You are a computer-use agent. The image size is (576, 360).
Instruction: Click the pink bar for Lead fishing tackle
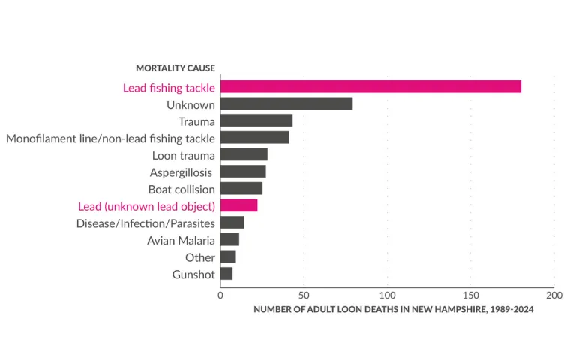coord(370,87)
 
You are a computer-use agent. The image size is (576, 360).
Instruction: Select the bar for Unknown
coord(286,104)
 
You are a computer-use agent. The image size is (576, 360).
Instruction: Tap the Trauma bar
coord(256,121)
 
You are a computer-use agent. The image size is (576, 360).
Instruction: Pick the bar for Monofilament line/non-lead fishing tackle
coord(255,138)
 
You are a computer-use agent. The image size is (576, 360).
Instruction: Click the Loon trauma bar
coord(244,154)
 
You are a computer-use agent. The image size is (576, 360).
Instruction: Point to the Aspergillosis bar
coord(243,172)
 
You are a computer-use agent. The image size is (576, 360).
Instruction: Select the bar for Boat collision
coord(241,188)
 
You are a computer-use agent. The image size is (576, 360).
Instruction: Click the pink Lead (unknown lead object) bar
coord(239,205)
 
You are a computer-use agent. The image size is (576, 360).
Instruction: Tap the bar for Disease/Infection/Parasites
coord(232,223)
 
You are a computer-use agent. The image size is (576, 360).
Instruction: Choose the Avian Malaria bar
coord(229,240)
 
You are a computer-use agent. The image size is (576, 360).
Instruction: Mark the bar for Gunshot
coord(226,274)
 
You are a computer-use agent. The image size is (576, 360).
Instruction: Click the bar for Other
coord(228,256)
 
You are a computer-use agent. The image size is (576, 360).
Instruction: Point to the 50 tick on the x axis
coord(304,295)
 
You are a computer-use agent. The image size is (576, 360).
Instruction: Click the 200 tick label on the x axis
coord(553,295)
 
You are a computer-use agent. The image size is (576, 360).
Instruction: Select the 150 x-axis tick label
coord(470,295)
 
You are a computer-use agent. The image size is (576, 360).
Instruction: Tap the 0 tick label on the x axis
coord(220,295)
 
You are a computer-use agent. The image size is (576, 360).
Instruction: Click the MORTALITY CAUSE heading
coord(175,68)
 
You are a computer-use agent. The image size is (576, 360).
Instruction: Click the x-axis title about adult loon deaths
coord(393,309)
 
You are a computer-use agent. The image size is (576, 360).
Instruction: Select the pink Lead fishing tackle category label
coord(169,88)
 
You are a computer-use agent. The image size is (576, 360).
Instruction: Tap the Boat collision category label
coord(181,189)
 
